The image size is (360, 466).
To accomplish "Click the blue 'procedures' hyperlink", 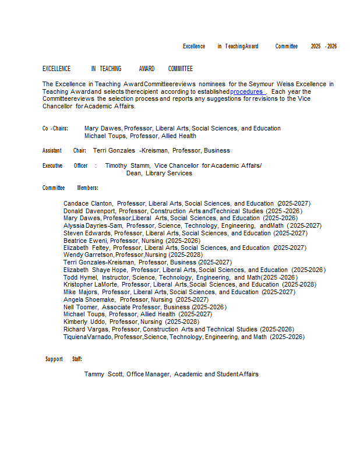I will (x=246, y=92).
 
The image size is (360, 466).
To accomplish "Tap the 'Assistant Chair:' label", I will (x=64, y=150).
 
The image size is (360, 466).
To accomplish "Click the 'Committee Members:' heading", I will (x=70, y=188).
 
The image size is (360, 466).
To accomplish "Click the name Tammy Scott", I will (x=103, y=374).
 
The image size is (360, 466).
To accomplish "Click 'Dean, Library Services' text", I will (x=159, y=173).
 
